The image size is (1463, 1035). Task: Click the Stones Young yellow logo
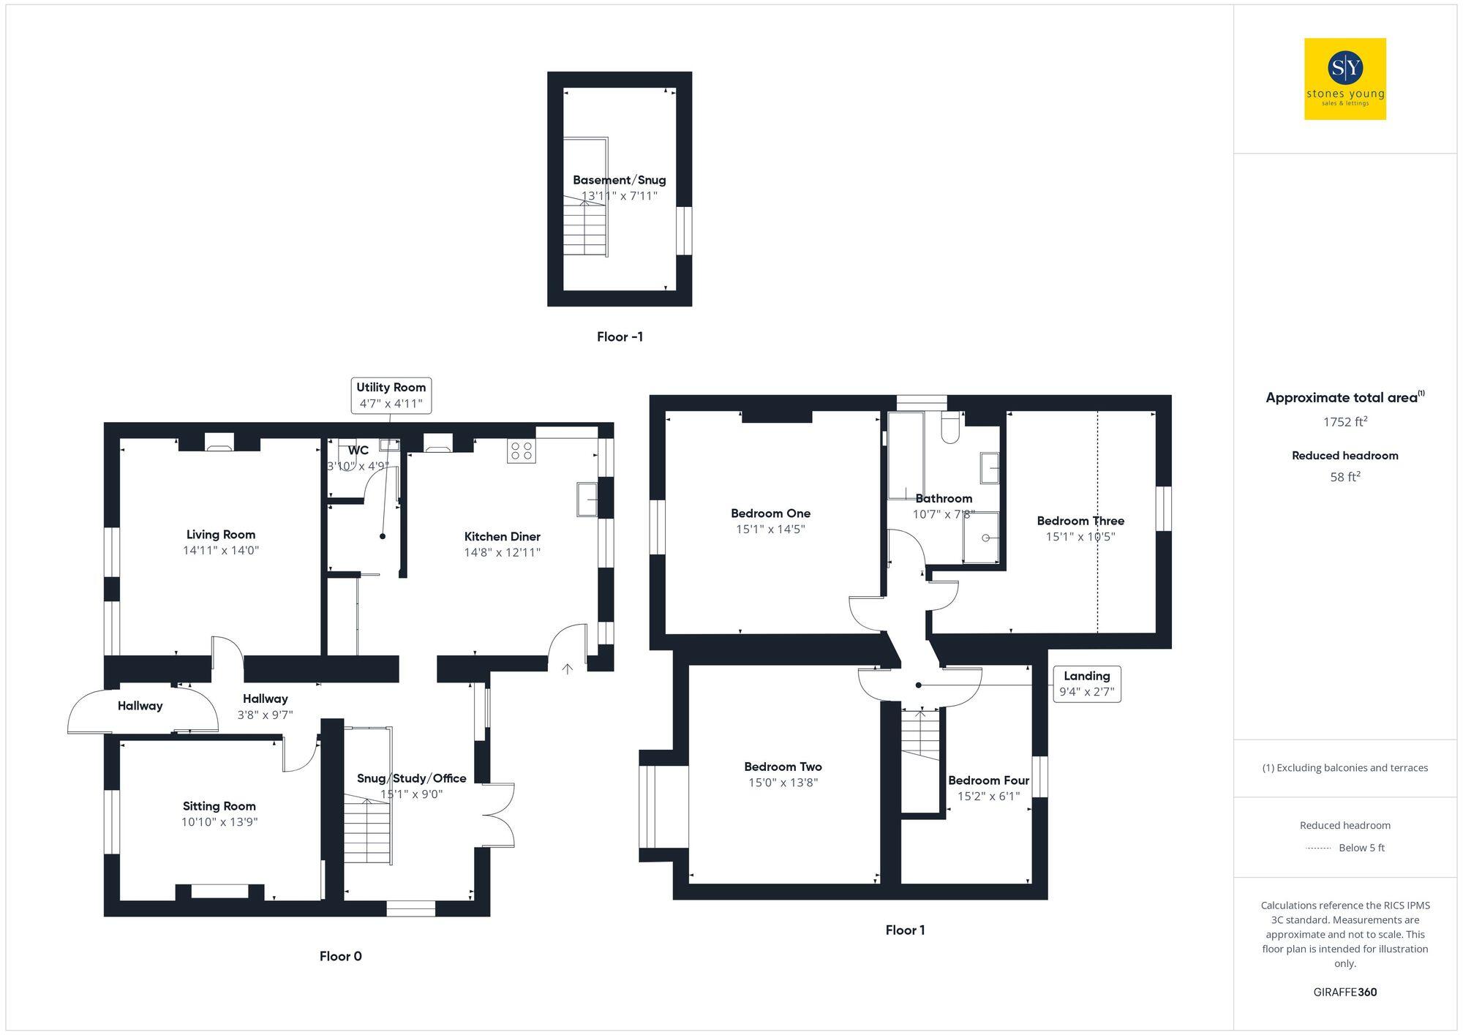1344,79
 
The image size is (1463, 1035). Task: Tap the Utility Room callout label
391,396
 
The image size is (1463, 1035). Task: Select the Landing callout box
1086,684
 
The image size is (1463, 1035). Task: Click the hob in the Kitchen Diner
521,451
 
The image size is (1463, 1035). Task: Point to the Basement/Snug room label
619,180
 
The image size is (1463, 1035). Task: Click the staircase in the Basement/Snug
585,228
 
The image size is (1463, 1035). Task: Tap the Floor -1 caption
620,337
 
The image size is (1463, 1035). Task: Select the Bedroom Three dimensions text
1080,537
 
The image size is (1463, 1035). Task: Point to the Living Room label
220,535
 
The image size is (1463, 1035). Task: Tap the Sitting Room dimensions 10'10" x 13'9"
219,822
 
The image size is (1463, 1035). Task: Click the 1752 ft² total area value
1344,422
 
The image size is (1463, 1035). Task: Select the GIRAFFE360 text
1344,993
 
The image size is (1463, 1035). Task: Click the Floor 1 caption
905,930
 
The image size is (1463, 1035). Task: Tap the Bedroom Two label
783,767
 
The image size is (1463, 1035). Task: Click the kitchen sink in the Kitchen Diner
587,499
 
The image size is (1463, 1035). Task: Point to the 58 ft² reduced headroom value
1344,477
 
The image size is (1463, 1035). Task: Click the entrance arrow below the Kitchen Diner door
568,669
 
